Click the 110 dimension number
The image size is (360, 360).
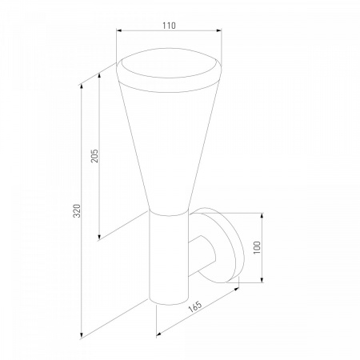[x=170, y=26]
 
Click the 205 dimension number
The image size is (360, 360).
[x=94, y=156]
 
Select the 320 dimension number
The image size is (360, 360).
[x=77, y=210]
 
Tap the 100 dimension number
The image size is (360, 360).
[x=257, y=247]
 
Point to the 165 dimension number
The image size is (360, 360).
[x=195, y=307]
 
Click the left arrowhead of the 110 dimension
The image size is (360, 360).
[x=119, y=30]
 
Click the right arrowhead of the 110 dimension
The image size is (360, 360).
[x=219, y=30]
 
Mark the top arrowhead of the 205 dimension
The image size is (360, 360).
[x=99, y=75]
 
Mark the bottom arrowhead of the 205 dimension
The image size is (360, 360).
[x=99, y=237]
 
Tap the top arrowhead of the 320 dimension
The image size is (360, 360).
[x=82, y=88]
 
